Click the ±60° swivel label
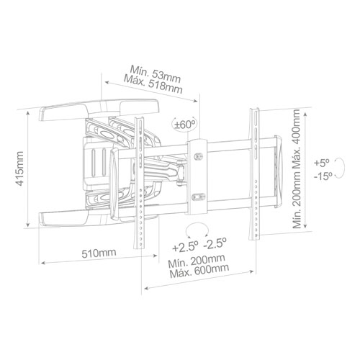pos(185,124)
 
